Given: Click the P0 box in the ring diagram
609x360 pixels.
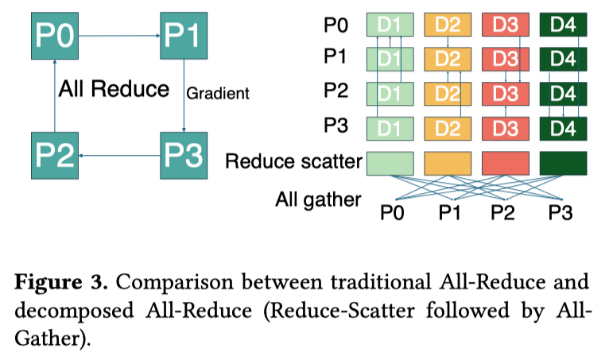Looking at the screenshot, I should pyautogui.click(x=54, y=34).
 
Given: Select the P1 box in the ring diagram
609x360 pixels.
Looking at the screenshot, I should pyautogui.click(x=184, y=34).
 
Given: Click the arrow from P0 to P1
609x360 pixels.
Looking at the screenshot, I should pyautogui.click(x=118, y=34).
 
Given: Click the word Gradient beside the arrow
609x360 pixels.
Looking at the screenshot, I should pyautogui.click(x=218, y=94).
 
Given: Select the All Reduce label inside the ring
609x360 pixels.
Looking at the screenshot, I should pyautogui.click(x=114, y=88).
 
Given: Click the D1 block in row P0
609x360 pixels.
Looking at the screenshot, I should pyautogui.click(x=390, y=25).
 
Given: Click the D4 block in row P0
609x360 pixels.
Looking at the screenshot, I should pyautogui.click(x=563, y=25).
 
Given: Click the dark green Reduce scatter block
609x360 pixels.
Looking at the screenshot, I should pyautogui.click(x=563, y=162).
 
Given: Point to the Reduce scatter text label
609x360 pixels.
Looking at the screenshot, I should pyautogui.click(x=293, y=162).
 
